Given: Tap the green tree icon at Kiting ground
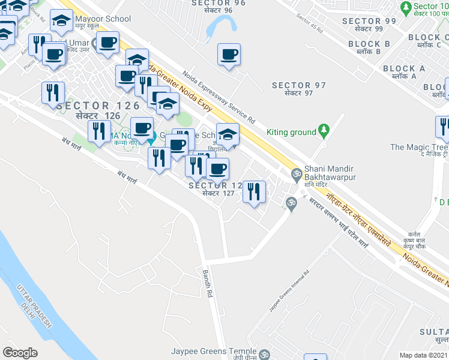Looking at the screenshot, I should (324, 129).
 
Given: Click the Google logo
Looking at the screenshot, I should (20, 353).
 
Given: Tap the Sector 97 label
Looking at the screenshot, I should (300, 89).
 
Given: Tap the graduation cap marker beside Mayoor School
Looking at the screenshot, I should (61, 22).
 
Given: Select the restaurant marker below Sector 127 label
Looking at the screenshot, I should (254, 193).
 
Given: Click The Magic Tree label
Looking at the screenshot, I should (418, 151).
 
